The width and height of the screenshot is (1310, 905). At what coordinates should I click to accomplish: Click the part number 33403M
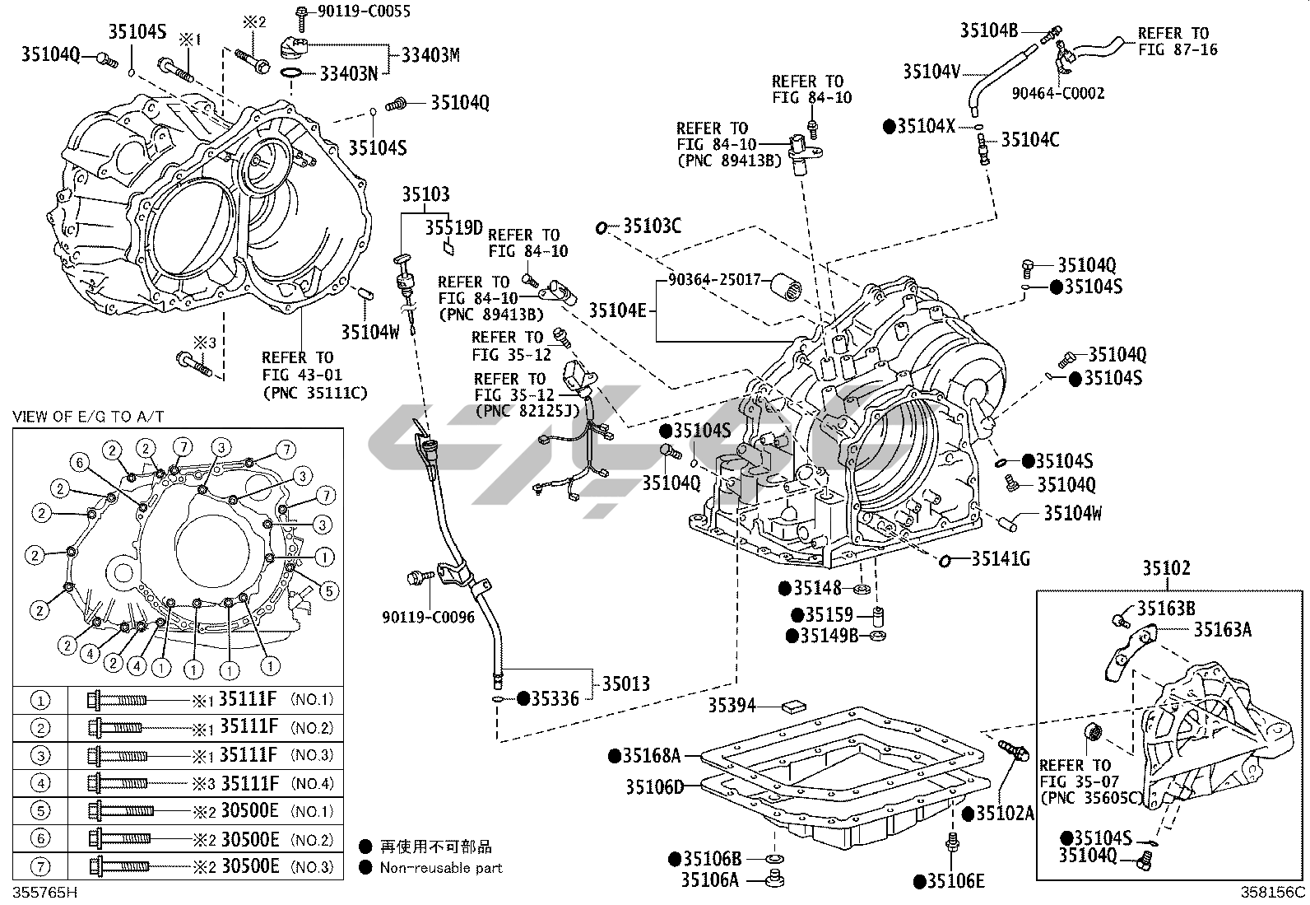click(430, 55)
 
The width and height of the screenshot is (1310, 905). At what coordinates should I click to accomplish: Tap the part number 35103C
click(652, 226)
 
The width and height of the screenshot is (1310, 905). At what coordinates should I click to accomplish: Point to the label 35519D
click(453, 226)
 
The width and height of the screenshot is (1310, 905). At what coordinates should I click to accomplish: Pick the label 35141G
click(1001, 559)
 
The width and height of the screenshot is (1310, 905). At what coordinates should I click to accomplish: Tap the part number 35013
click(625, 683)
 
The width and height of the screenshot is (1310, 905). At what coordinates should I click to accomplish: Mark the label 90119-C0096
click(428, 617)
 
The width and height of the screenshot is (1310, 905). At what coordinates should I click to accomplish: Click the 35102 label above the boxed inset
click(1166, 569)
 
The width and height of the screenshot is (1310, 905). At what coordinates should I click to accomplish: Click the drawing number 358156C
click(1274, 892)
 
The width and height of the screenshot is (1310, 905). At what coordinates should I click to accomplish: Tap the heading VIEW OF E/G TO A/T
click(88, 417)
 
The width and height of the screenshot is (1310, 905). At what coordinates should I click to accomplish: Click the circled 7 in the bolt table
click(40, 866)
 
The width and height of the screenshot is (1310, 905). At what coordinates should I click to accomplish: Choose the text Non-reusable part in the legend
click(440, 867)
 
